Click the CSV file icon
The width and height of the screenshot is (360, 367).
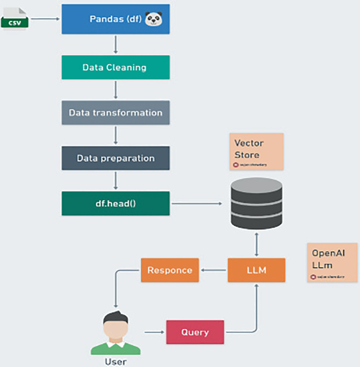(15, 19)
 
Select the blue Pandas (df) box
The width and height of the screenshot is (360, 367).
(116, 19)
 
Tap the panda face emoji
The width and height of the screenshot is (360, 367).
(153, 19)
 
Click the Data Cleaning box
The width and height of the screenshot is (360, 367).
(115, 68)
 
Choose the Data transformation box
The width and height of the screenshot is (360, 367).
(115, 113)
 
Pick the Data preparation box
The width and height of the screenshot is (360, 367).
(115, 158)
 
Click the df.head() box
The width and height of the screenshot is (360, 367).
(115, 203)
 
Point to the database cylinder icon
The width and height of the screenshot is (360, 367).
(256, 203)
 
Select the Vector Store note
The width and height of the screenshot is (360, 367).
(256, 151)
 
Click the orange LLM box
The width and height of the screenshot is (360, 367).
(256, 270)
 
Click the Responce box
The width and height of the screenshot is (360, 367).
(170, 270)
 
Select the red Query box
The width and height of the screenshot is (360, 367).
(194, 332)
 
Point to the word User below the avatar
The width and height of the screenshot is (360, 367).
(115, 362)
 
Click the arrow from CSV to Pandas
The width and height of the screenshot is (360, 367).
(45, 19)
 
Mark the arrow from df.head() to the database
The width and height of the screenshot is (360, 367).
(198, 203)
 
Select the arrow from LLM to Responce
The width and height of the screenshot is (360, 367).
(213, 270)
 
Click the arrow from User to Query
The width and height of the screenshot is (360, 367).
(153, 332)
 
